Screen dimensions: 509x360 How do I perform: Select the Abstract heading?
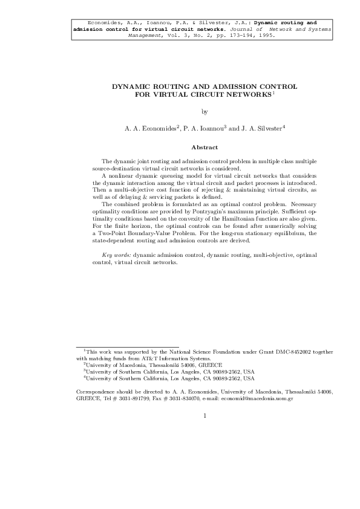205,148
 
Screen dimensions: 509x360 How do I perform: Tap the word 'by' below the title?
205,111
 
